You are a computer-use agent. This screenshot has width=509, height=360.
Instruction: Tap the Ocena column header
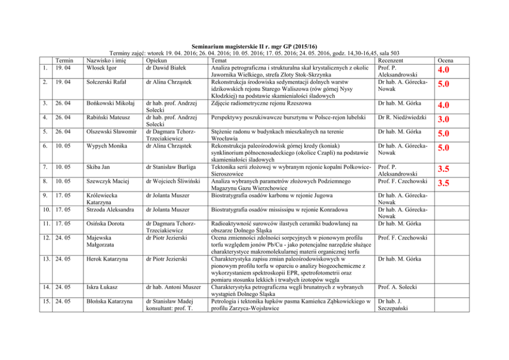445,61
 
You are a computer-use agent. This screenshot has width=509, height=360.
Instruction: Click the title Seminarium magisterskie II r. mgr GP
254,46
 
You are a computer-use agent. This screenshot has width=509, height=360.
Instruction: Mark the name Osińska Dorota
104,224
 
